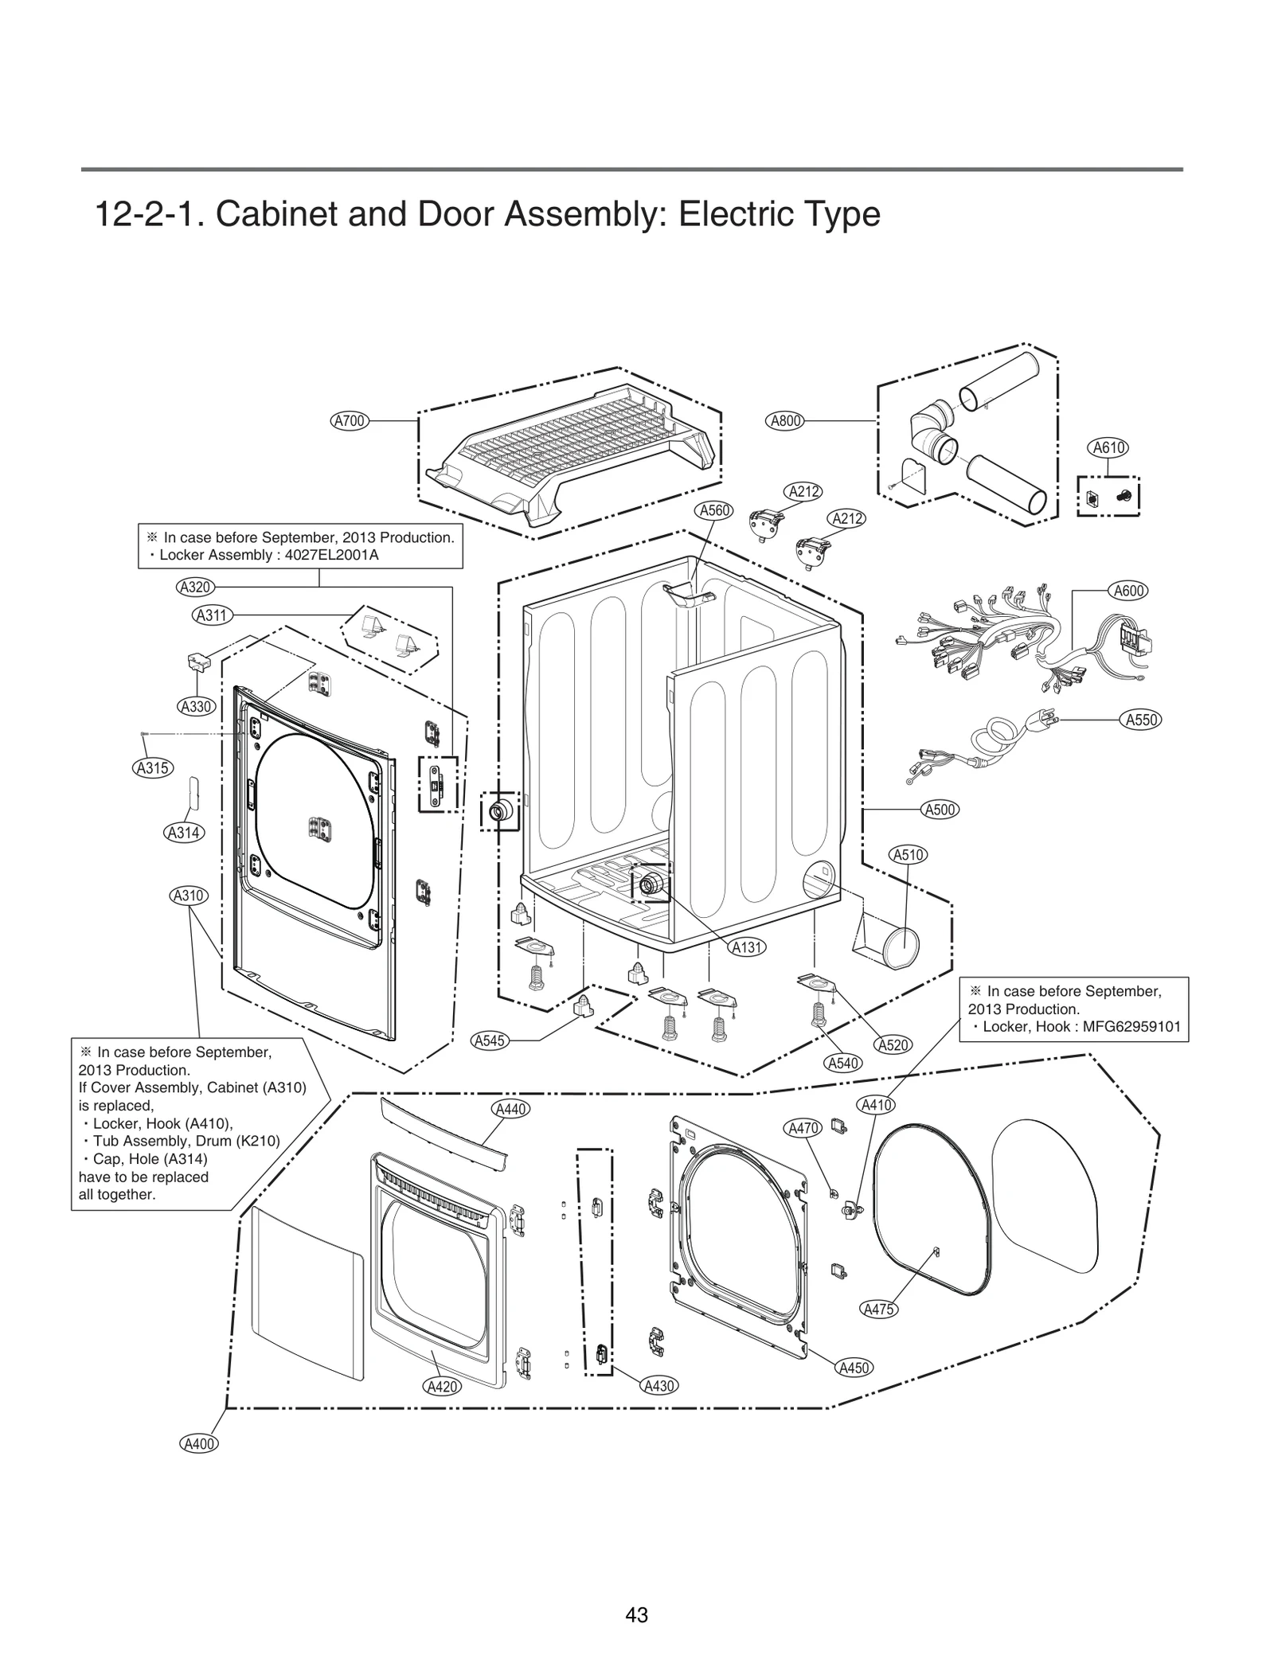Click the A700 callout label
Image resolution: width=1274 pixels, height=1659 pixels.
click(x=350, y=421)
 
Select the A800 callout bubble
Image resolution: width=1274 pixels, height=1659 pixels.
click(x=786, y=421)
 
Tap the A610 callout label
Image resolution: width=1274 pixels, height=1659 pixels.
click(x=1108, y=447)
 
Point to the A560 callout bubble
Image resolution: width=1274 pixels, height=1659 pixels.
click(x=714, y=511)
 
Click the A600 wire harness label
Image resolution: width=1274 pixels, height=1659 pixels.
click(x=1128, y=591)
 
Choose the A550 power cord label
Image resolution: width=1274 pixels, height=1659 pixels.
click(x=1141, y=720)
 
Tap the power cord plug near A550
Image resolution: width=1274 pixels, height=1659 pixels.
click(x=1044, y=717)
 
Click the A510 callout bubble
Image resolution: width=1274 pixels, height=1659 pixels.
click(x=908, y=855)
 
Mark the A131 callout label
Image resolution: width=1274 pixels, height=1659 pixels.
click(x=748, y=947)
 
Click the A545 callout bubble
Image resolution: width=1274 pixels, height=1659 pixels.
click(x=490, y=1040)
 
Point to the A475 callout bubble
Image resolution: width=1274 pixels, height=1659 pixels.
click(x=879, y=1309)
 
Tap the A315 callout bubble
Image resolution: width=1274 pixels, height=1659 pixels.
click(x=152, y=768)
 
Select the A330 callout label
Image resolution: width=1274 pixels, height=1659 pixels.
click(x=195, y=706)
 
